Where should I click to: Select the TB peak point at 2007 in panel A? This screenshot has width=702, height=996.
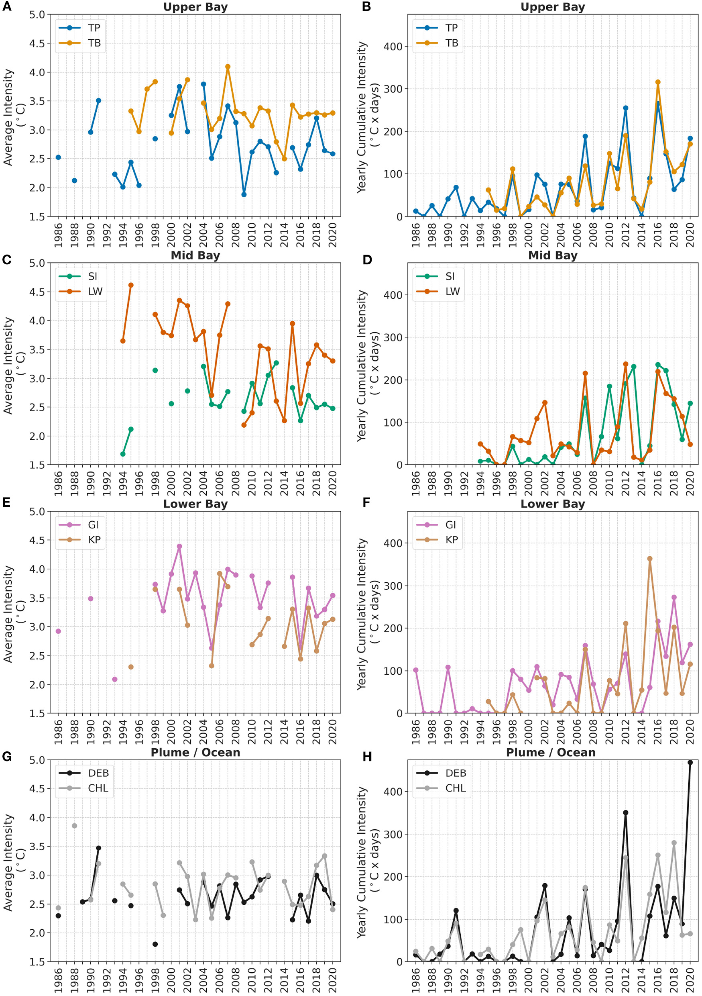point(228,67)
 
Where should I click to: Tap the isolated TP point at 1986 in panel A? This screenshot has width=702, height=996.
point(58,157)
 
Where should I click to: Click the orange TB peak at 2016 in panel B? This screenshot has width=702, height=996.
point(658,82)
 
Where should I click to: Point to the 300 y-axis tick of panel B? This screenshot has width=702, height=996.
point(393,89)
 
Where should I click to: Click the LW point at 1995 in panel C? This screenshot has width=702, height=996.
point(131,285)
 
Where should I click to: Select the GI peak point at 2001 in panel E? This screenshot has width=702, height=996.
point(179,547)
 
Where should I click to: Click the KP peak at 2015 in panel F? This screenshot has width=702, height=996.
point(649,559)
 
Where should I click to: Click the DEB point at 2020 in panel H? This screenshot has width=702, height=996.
point(690,762)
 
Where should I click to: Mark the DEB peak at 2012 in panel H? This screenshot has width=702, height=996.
point(626,812)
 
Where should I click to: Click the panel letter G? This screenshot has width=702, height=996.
point(7,757)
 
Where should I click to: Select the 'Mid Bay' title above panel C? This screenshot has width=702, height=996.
point(195,255)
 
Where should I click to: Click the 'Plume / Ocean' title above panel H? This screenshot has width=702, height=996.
point(551,753)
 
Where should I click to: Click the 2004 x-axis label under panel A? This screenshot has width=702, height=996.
point(203,235)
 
